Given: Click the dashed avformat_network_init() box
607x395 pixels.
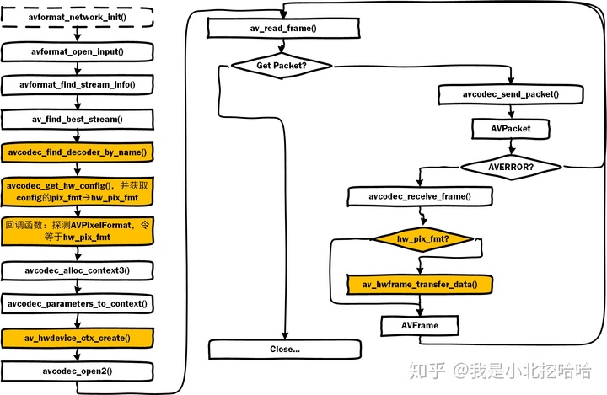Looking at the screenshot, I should point(77,18).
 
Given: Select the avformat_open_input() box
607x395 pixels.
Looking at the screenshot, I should point(77,51).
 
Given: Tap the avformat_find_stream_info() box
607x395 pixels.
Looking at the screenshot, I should point(77,85).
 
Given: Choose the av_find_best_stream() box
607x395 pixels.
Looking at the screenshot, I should point(77,119).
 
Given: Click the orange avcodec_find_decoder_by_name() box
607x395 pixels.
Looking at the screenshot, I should point(77,152).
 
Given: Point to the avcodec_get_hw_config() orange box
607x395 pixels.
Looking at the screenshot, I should point(77,191).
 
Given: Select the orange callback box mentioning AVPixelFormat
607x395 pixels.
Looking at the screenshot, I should point(77,231).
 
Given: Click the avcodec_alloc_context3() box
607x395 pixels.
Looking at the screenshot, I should point(77,270).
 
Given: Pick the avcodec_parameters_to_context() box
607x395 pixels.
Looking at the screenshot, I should point(77,303).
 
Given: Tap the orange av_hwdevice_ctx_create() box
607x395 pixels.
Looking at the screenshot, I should point(77,338).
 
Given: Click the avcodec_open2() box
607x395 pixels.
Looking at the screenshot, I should point(77,371).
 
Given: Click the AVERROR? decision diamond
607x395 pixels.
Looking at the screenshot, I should point(510,166).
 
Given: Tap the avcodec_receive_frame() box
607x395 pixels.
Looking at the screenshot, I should point(419,197).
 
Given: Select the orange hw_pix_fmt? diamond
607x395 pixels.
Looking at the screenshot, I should point(422,239).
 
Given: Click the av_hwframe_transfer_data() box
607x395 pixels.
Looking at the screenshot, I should point(420,284).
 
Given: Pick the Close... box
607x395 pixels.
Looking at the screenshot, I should point(285,348).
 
